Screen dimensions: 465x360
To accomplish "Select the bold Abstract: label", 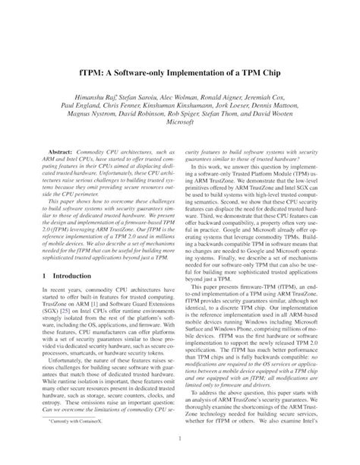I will [x=62, y=153].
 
